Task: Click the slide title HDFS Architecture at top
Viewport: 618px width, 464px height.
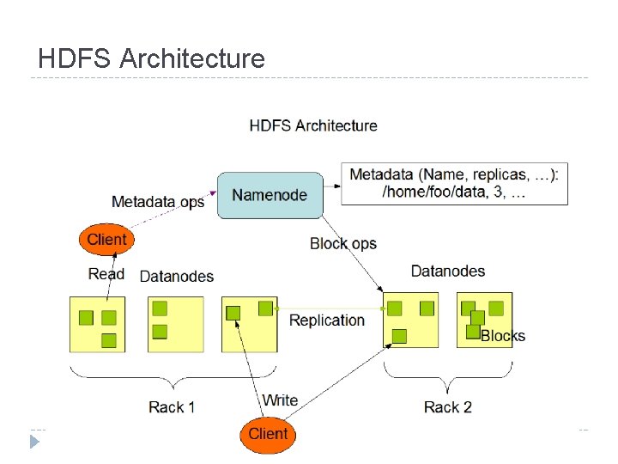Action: click(x=152, y=58)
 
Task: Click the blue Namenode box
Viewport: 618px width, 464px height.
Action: click(x=270, y=195)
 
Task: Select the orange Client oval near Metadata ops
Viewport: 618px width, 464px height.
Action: click(x=106, y=240)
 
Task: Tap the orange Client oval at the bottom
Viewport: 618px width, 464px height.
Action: click(x=268, y=434)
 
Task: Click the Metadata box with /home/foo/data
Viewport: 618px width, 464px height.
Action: click(x=454, y=184)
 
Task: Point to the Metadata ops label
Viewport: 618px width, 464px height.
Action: click(x=158, y=202)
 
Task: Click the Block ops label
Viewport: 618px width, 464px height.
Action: click(x=343, y=244)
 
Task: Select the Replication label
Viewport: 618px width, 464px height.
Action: click(x=327, y=321)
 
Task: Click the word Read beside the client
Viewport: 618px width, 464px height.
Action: click(x=106, y=274)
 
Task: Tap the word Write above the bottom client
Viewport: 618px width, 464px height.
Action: click(x=280, y=400)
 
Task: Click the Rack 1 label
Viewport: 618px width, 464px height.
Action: click(x=172, y=407)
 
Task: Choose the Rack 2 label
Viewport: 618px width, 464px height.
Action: click(x=447, y=407)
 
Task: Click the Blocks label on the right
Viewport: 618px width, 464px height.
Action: click(x=503, y=336)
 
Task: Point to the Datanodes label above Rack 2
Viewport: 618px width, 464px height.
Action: click(x=447, y=272)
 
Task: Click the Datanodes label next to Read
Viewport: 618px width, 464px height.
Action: click(x=176, y=276)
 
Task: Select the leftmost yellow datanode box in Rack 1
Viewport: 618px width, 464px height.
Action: click(x=97, y=324)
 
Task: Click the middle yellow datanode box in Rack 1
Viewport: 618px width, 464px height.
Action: click(x=175, y=324)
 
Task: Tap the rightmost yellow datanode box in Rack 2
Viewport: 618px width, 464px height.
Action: click(x=484, y=319)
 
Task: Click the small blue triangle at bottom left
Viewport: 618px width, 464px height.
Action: click(x=34, y=442)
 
